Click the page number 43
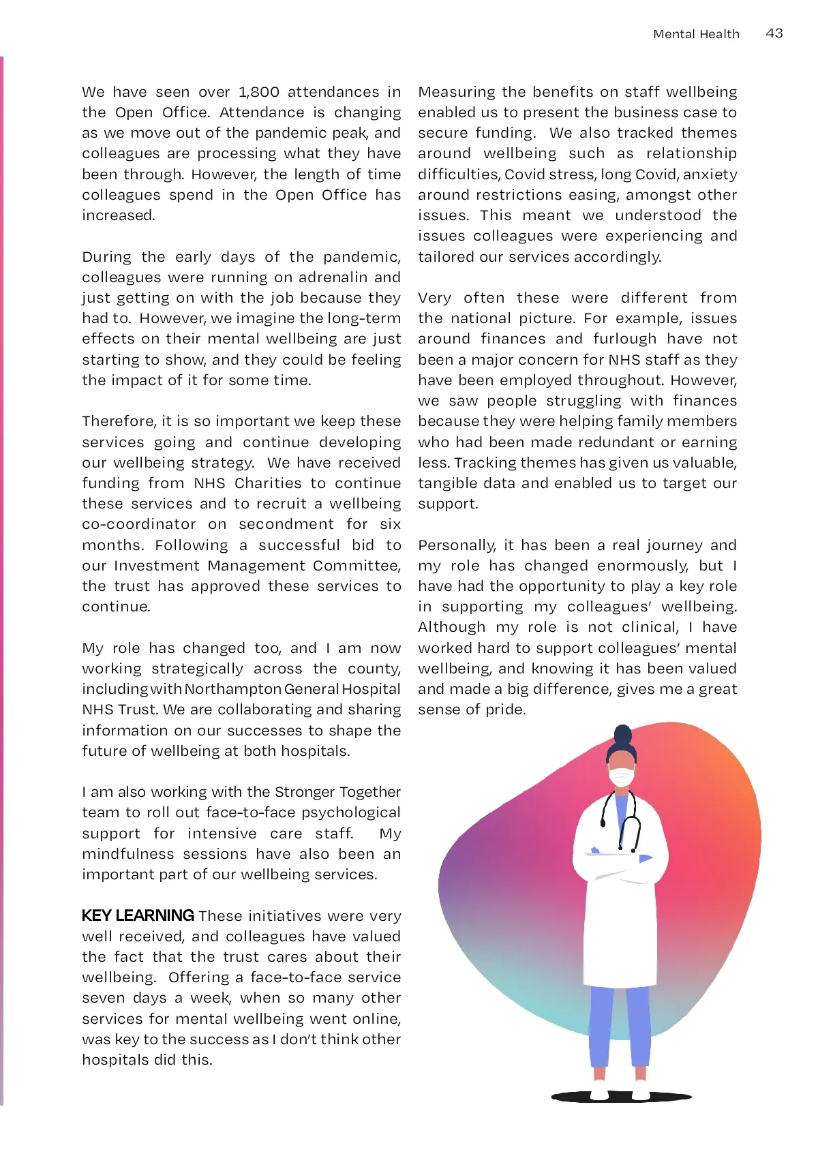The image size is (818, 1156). coord(774,33)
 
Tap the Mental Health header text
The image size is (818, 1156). coord(696,34)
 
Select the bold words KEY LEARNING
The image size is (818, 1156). coord(138,915)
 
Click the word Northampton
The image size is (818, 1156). coord(232,689)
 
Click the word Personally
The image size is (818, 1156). coord(457,545)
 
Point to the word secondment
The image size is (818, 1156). coord(286,524)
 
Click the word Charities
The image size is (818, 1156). coord(267,483)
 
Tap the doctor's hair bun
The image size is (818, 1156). coord(622,735)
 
